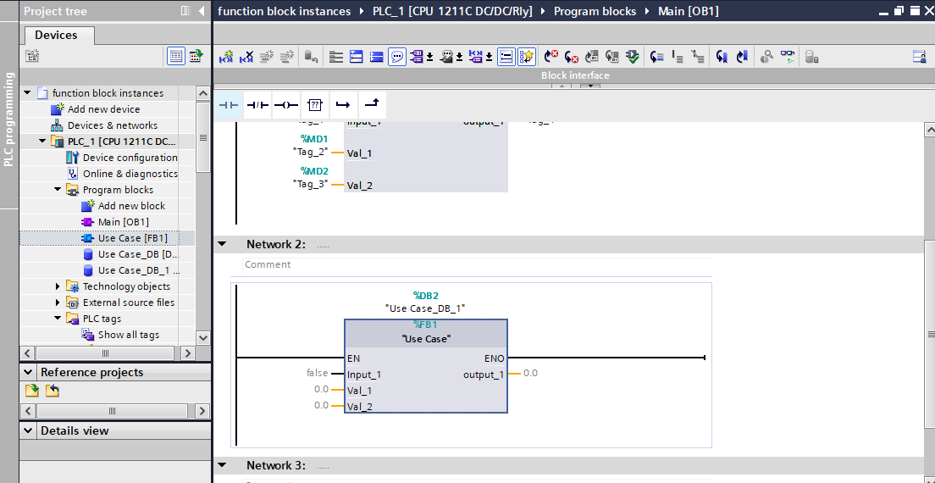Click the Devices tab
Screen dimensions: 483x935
57,36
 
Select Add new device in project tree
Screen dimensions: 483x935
103,109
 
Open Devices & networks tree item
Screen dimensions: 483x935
112,125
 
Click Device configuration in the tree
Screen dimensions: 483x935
130,158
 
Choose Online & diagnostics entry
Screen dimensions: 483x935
130,174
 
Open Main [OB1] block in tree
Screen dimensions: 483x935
123,222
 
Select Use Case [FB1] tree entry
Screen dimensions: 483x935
132,238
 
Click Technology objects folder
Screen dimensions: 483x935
126,286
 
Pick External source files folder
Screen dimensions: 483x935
129,303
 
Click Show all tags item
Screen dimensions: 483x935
128,335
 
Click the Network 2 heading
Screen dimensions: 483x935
275,245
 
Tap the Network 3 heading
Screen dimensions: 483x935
275,466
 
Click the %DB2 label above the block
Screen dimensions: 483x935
425,295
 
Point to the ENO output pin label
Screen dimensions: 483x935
494,358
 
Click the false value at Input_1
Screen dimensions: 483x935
317,374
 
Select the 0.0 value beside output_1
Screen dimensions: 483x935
530,374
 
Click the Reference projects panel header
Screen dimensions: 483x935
91,372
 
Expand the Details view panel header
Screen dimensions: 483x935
75,430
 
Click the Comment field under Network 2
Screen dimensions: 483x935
268,265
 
